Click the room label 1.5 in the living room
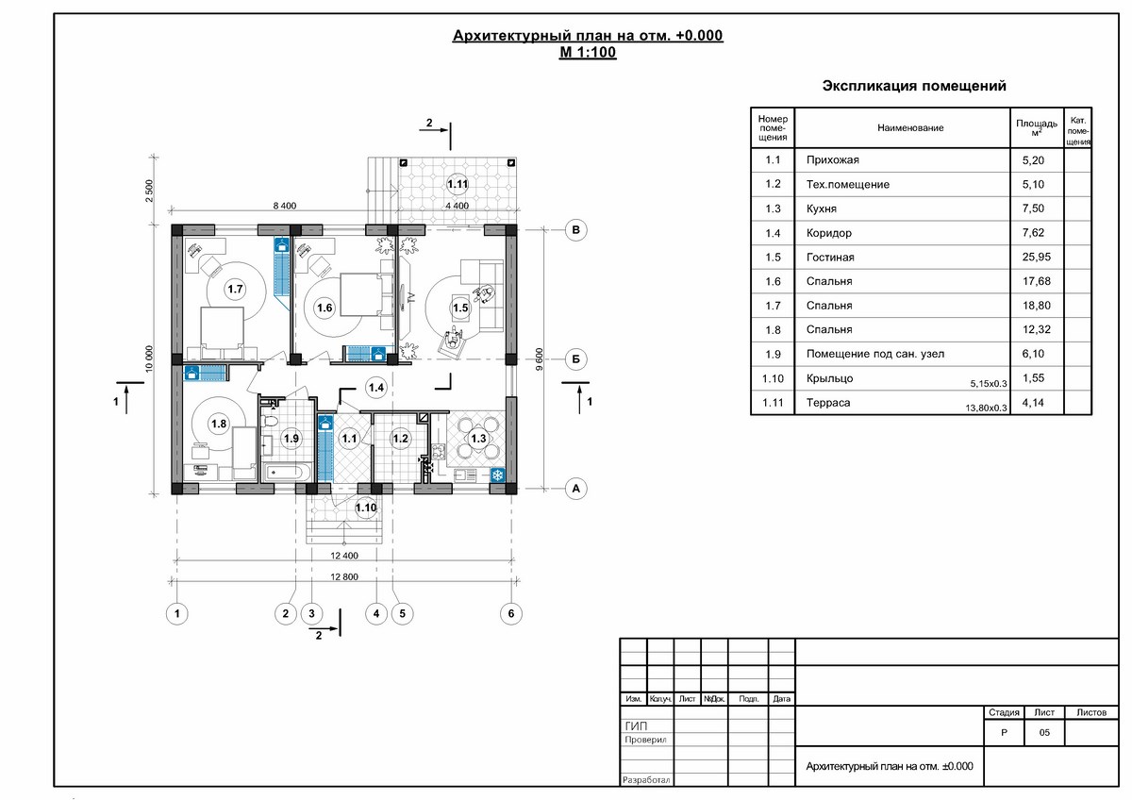coord(460,308)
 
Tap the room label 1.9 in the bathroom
coord(291,438)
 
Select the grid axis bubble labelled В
coord(575,230)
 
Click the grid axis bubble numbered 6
coord(511,613)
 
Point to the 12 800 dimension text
coord(344,576)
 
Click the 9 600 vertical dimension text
coord(539,359)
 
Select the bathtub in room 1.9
coord(285,473)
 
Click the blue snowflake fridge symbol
coord(498,475)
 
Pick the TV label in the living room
coord(411,297)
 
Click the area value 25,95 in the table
coord(1037,257)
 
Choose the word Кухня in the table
coord(822,208)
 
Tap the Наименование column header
coord(910,128)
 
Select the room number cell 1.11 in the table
coord(773,402)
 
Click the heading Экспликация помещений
coord(914,86)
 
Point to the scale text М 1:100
coord(588,52)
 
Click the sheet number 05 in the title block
coord(1044,732)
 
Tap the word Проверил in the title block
coord(645,740)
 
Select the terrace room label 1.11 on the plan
coord(458,184)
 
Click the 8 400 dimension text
coord(285,206)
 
